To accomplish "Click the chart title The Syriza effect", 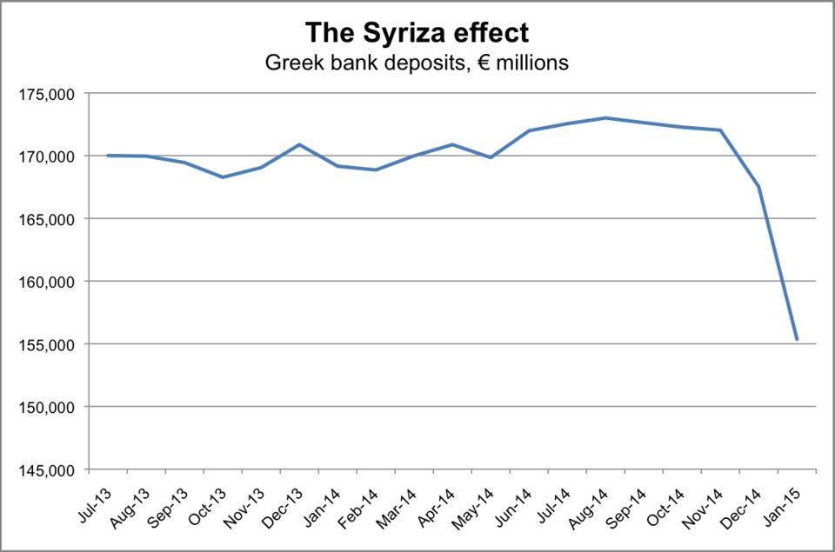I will pos(417,33).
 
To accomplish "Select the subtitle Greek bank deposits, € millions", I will pos(417,63).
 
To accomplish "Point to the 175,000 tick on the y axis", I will pos(51,94).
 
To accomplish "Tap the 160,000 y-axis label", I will pos(51,282).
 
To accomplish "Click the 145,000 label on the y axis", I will pos(51,470).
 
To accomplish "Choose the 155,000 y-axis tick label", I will pos(51,344).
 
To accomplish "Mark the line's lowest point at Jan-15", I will pos(797,339).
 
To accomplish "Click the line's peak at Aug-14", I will pos(605,118).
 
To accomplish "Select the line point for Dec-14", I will pos(758,187).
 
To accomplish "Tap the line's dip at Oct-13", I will pos(224,177).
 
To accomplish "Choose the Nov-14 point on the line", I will pos(720,130).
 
